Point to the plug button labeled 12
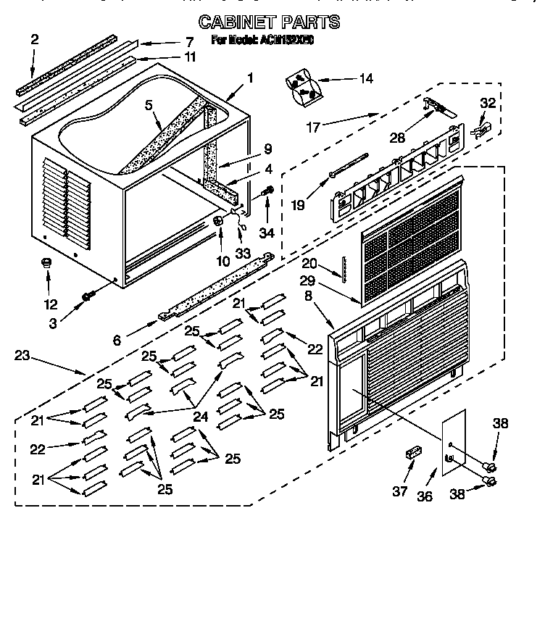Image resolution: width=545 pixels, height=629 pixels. point(47,263)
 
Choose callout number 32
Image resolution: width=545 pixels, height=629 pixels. point(488,104)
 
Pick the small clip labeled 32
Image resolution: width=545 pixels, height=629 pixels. point(482,130)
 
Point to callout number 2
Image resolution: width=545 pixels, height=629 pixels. point(34,40)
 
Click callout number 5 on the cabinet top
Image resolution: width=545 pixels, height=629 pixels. point(149,104)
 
